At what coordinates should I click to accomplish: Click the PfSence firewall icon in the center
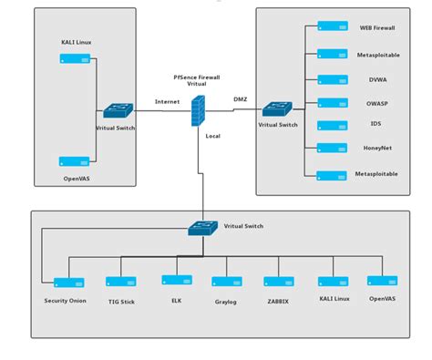point(199,111)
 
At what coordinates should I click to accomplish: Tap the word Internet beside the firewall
point(168,102)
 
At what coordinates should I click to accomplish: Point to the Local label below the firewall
point(213,137)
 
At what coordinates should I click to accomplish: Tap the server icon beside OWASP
point(331,102)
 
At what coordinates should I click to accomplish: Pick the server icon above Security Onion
point(68,283)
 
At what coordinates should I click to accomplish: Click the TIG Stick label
point(120,301)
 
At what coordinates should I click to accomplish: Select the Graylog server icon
point(225,283)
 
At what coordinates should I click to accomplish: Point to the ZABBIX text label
point(278,300)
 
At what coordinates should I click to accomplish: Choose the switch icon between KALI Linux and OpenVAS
point(117,110)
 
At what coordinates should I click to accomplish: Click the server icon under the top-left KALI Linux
point(74,59)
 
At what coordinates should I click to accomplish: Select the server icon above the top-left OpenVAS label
point(74,162)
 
